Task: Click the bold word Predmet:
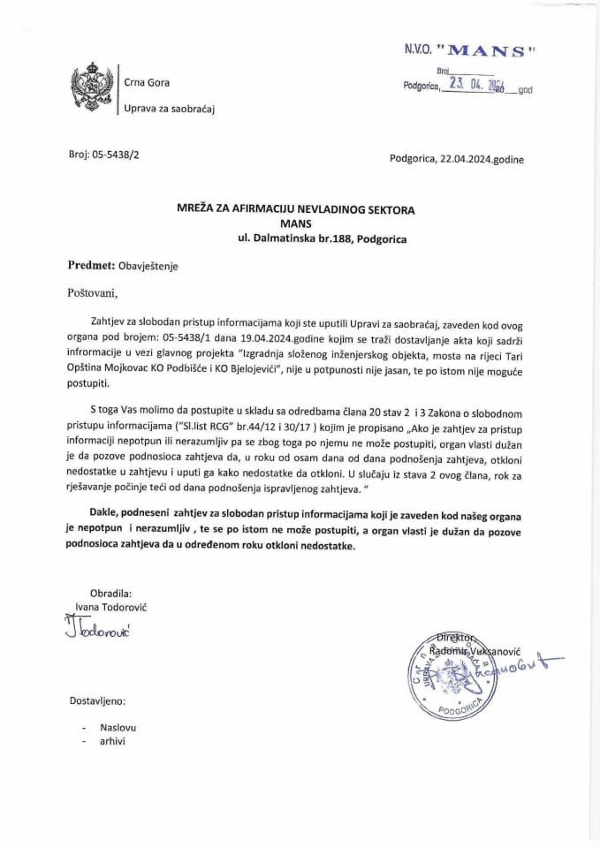pos(91,264)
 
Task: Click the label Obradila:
pos(110,593)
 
